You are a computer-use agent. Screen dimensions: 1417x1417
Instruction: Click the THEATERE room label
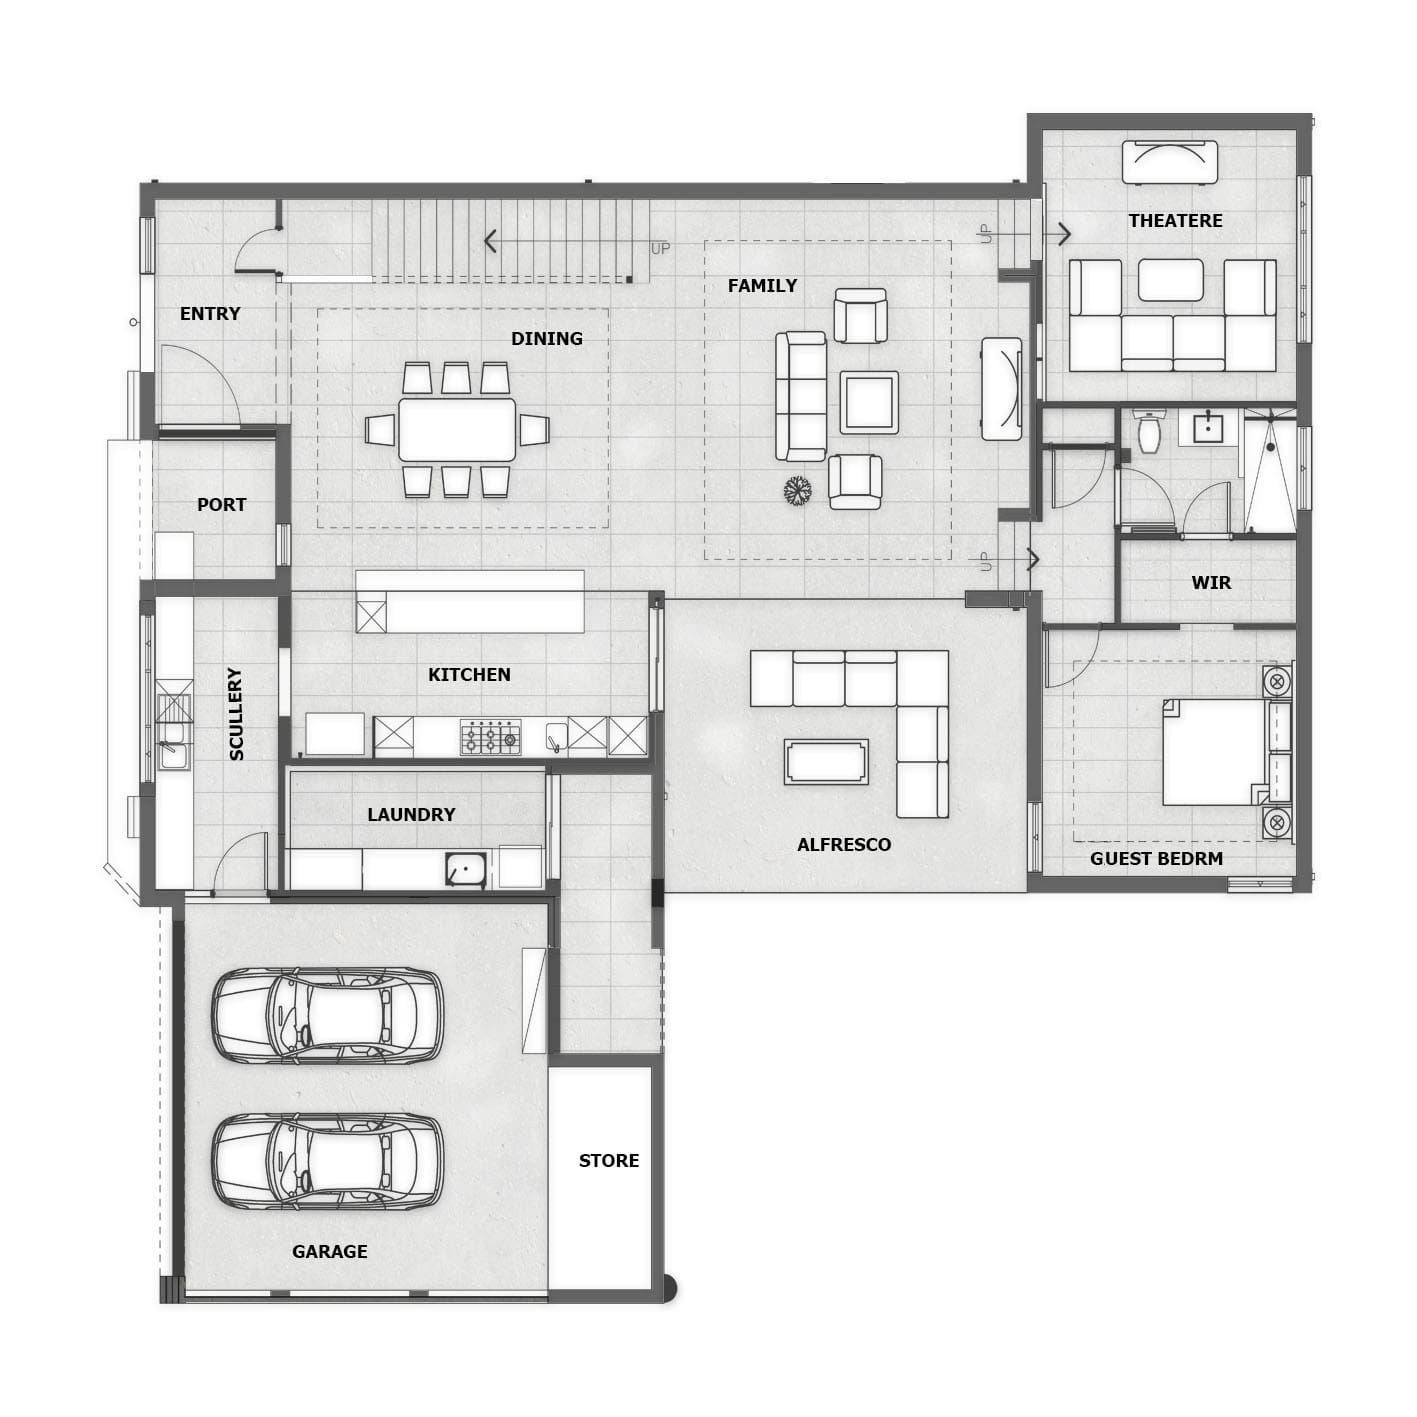pyautogui.click(x=1175, y=221)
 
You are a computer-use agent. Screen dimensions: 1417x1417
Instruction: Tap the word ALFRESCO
pyautogui.click(x=843, y=845)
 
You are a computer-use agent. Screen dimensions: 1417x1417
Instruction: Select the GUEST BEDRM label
pyautogui.click(x=1156, y=858)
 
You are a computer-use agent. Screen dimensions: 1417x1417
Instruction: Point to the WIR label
pyautogui.click(x=1210, y=582)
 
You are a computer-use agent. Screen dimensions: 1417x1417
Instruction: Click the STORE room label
pyautogui.click(x=608, y=1160)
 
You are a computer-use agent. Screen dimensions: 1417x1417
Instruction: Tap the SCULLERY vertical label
pyautogui.click(x=236, y=714)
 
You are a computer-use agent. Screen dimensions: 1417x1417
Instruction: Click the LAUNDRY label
pyautogui.click(x=411, y=814)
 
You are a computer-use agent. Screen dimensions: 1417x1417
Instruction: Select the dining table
pyautogui.click(x=457, y=429)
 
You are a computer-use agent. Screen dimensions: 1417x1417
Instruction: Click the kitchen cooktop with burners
pyautogui.click(x=490, y=737)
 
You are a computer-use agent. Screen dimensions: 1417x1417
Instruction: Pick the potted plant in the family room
pyautogui.click(x=798, y=490)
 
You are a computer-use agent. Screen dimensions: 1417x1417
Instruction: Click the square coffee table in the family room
pyautogui.click(x=869, y=402)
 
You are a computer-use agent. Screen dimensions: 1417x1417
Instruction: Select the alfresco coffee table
pyautogui.click(x=826, y=761)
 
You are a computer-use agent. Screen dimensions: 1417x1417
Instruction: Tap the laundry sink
pyautogui.click(x=465, y=870)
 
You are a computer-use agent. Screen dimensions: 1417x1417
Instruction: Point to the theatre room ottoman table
pyautogui.click(x=1171, y=279)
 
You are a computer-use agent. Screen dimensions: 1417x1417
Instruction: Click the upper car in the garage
pyautogui.click(x=328, y=1016)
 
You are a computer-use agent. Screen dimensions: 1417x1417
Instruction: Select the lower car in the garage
pyautogui.click(x=328, y=1163)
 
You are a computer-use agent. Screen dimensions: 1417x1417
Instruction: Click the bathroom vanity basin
pyautogui.click(x=1207, y=428)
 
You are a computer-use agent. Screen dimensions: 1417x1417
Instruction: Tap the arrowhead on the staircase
pyautogui.click(x=490, y=241)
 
